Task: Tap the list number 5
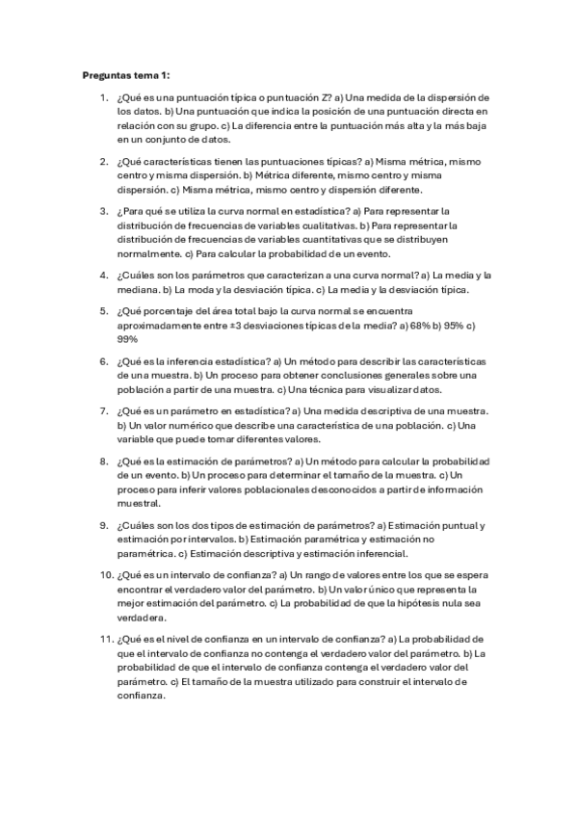tap(103, 311)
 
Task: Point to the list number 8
tap(103, 461)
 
